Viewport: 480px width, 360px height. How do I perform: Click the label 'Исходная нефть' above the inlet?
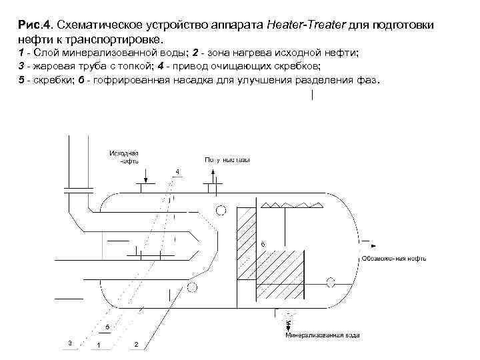[124, 157]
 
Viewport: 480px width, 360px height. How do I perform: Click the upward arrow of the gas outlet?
[213, 176]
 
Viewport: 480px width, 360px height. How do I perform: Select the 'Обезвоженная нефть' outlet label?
[394, 258]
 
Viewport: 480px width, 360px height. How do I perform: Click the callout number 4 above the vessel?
[177, 172]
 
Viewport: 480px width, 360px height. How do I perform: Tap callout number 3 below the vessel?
[69, 342]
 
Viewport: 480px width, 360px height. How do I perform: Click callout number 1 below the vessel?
[98, 345]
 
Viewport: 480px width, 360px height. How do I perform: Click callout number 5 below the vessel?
[107, 326]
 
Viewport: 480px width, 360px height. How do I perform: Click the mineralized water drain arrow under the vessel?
[288, 325]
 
